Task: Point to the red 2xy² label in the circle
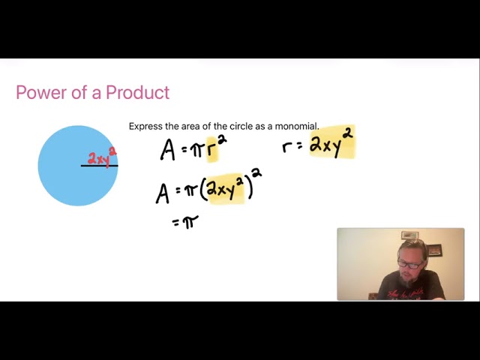(101, 157)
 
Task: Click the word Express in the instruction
(145, 126)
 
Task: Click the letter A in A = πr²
(167, 150)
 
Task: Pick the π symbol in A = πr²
(196, 150)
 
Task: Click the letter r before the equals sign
(287, 146)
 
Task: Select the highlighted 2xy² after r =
(331, 143)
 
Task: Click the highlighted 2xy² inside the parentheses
(225, 189)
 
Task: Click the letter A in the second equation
(163, 193)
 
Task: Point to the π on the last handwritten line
(190, 221)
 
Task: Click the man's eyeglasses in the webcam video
(409, 264)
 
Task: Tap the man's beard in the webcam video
(406, 278)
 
